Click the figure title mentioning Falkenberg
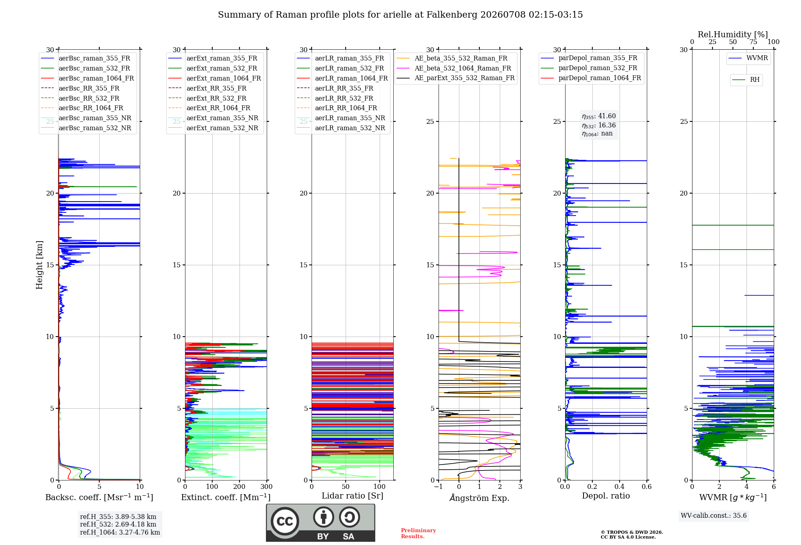click(400, 15)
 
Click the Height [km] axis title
click(39, 265)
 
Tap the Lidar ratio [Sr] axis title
click(352, 496)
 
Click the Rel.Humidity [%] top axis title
click(733, 34)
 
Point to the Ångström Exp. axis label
click(479, 498)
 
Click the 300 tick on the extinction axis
click(266, 487)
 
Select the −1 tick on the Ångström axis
click(439, 487)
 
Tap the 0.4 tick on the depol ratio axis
click(620, 487)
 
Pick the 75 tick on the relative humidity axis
click(753, 42)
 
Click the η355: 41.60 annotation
click(599, 116)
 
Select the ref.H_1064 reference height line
click(120, 533)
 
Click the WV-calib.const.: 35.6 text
click(714, 516)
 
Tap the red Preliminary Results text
click(419, 533)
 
